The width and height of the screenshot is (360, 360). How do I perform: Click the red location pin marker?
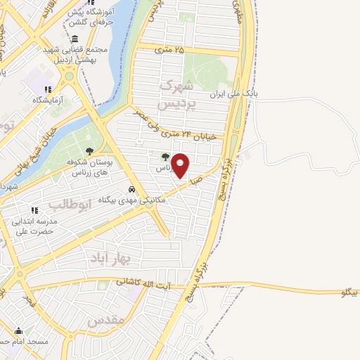(x=181, y=165)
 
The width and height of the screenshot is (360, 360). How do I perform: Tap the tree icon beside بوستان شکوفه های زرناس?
(x=89, y=150)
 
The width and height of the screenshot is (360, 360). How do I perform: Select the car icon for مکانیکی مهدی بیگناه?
(x=131, y=189)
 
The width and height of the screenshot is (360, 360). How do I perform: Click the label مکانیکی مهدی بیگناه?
(x=131, y=200)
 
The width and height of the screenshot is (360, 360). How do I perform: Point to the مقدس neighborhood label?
(x=106, y=321)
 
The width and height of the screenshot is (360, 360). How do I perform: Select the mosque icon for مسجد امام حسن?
(x=19, y=331)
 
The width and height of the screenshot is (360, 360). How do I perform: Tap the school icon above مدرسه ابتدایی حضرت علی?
(x=34, y=210)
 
